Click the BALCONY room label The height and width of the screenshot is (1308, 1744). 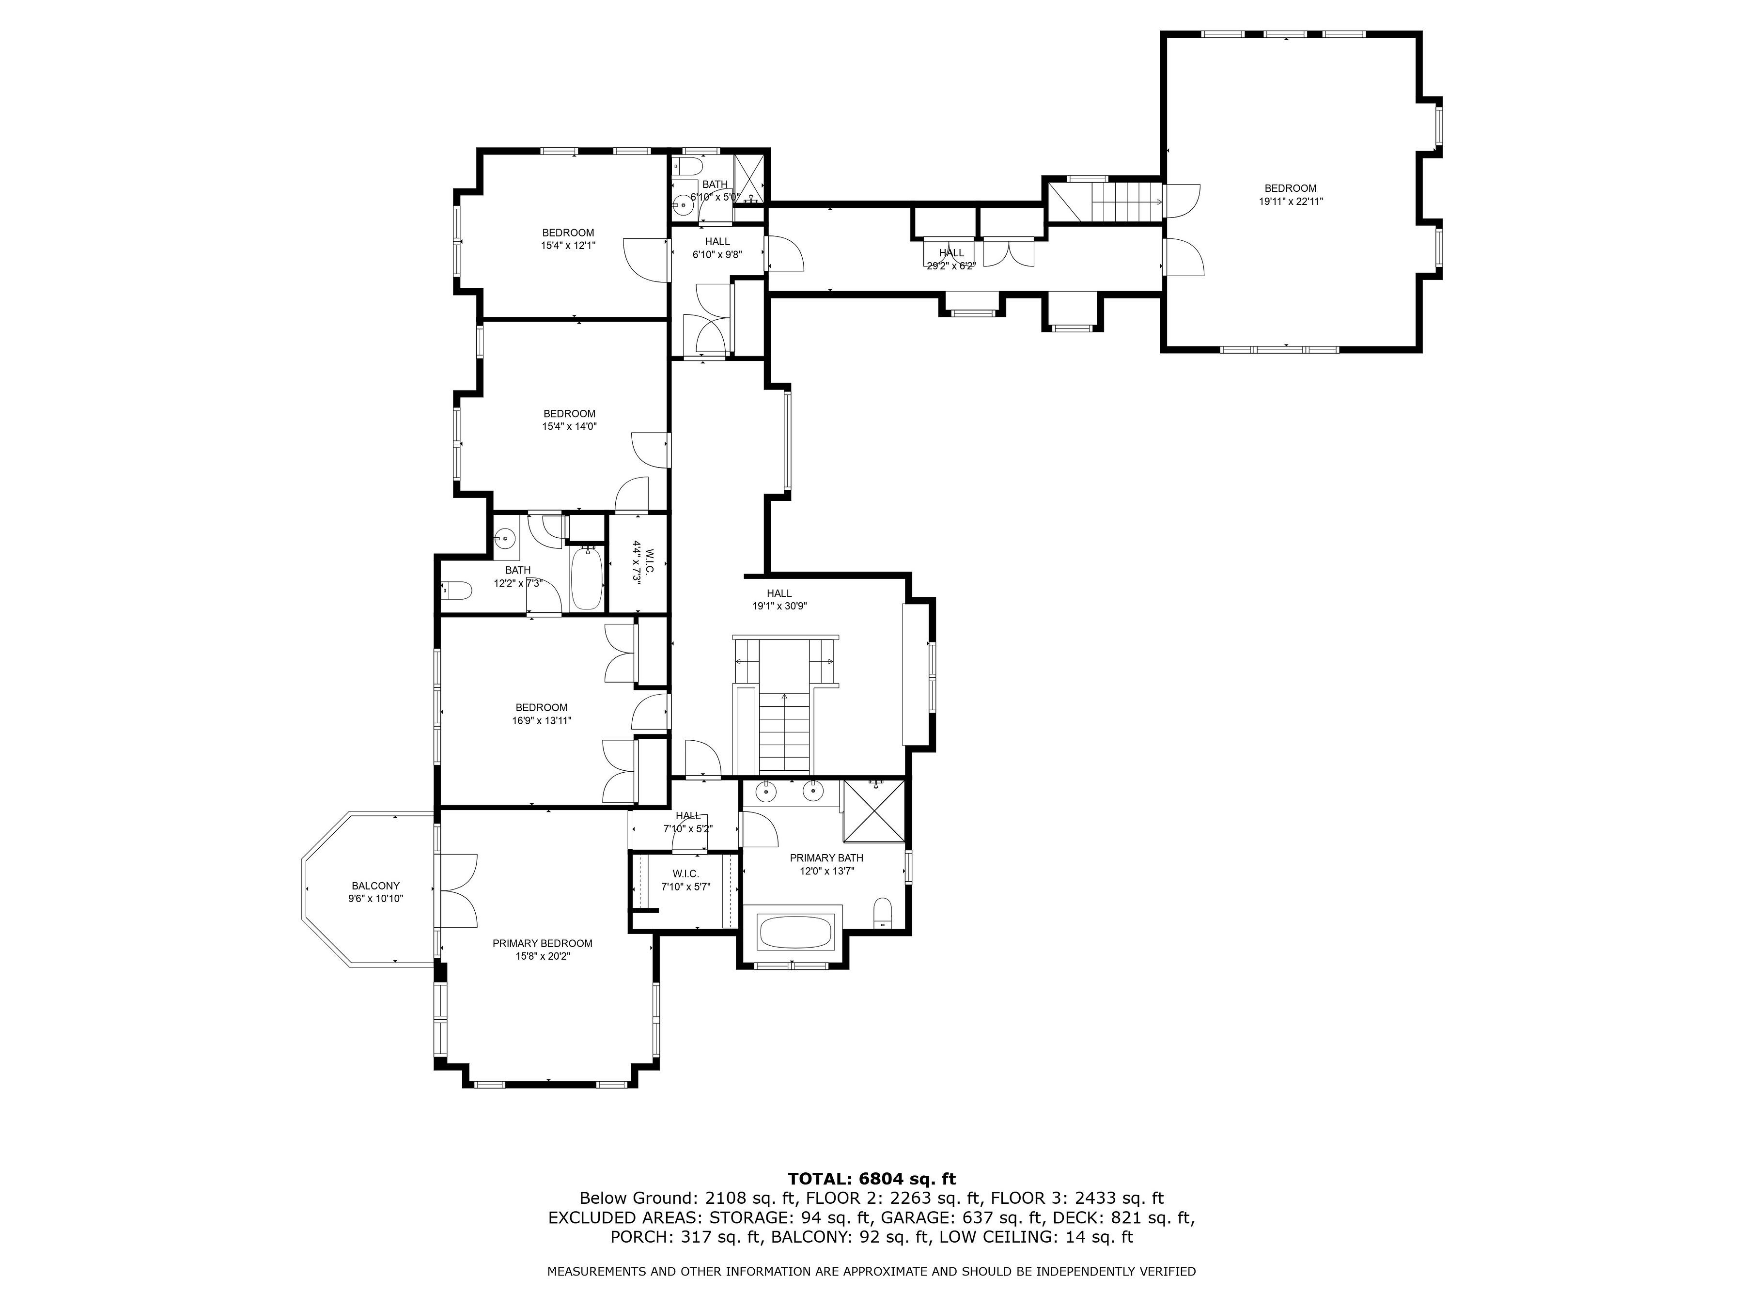[375, 886]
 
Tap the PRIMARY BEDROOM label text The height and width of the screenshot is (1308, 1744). [543, 943]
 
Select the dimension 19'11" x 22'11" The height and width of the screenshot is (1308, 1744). [1291, 201]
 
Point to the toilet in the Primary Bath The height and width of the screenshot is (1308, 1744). [883, 913]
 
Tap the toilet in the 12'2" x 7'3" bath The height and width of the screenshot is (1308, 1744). [456, 590]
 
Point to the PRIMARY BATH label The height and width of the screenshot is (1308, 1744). [826, 858]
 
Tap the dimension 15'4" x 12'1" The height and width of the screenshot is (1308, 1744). [568, 245]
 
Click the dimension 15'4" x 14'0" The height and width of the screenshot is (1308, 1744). [569, 426]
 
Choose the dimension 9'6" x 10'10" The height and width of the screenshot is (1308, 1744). [375, 898]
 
